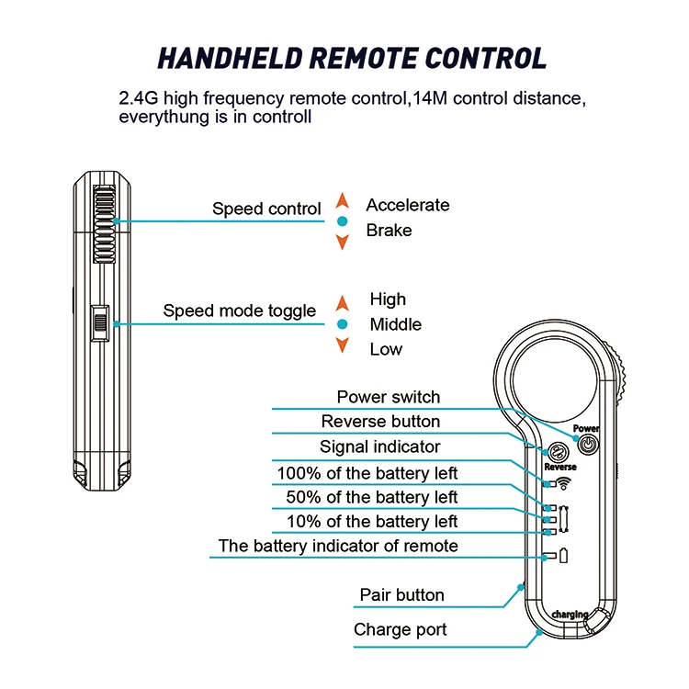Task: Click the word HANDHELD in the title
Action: point(230,59)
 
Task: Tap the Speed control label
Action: point(266,209)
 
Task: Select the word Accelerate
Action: point(408,205)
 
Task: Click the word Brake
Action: point(389,231)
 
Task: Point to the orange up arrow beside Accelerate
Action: point(343,200)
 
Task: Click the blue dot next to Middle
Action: point(343,324)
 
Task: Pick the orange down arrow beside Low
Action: point(343,344)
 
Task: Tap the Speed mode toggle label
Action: point(240,311)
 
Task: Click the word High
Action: point(388,299)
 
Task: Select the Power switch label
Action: point(389,397)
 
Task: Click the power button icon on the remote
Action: point(588,445)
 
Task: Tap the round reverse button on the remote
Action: point(558,452)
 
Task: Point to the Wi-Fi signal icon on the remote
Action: point(564,483)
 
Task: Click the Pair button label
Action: point(401,595)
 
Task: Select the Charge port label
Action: point(400,629)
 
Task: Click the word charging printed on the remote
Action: point(570,615)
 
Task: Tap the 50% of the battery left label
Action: point(372,497)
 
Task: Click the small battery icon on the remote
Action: point(564,556)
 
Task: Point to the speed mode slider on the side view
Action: point(100,323)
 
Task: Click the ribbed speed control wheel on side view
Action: point(105,224)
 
